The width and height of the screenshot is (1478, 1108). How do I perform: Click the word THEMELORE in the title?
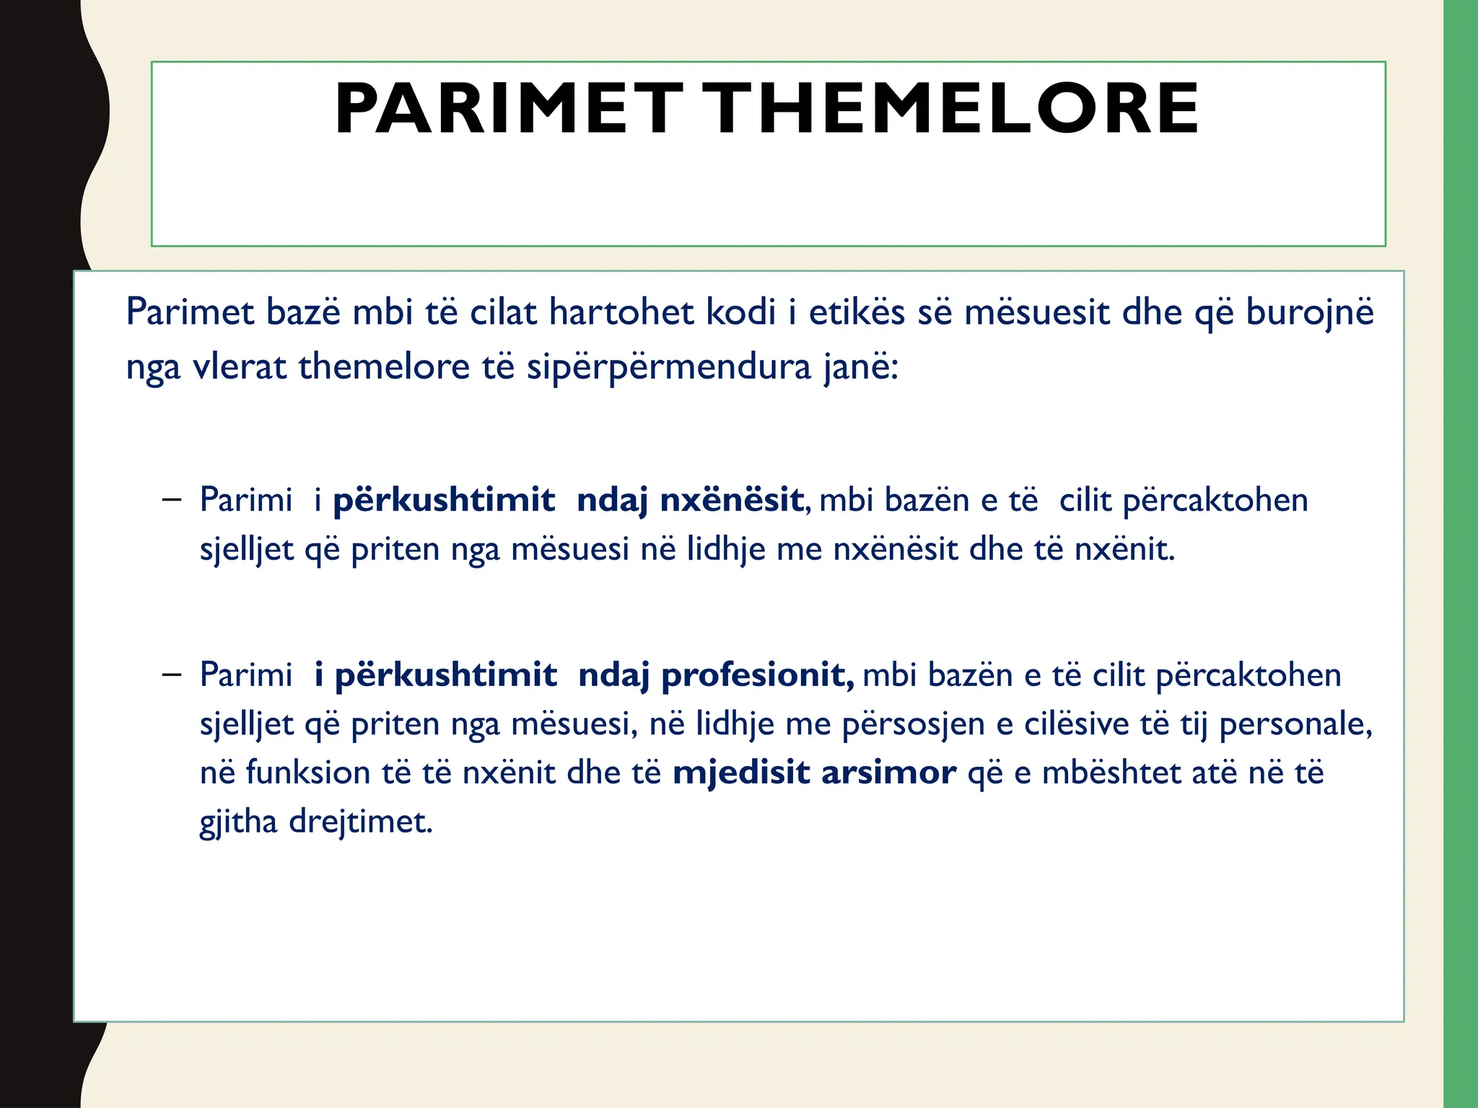[950, 109]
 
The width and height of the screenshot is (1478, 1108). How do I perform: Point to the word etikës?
[857, 312]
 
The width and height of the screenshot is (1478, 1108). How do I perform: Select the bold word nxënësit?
[732, 500]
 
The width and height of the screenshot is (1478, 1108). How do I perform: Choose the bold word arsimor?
[889, 773]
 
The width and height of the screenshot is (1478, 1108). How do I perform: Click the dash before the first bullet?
[172, 499]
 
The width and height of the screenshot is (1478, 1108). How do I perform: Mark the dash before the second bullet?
[172, 674]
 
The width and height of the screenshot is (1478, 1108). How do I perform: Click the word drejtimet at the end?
[361, 822]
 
